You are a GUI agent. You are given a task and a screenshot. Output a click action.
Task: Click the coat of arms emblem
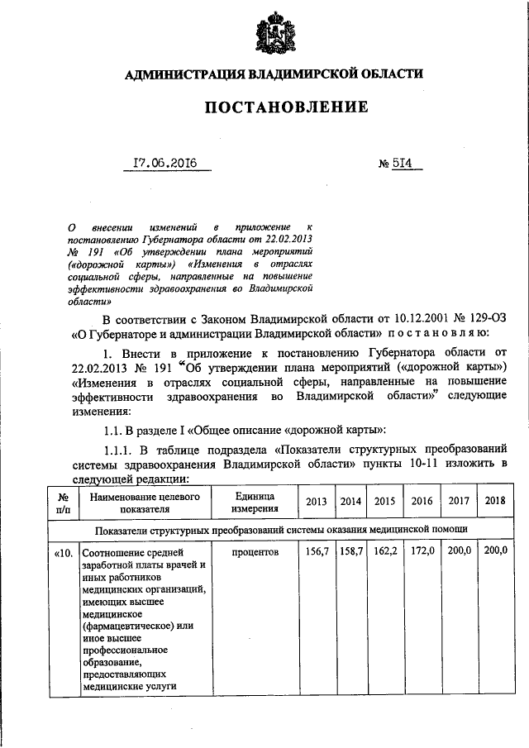coord(273,34)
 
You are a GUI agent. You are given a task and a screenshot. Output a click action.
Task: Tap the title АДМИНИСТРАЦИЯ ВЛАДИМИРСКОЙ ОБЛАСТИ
coord(274,74)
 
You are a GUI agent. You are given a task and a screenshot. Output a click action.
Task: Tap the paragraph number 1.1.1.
coord(122,450)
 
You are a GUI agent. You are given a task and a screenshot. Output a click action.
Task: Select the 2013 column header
coord(316,502)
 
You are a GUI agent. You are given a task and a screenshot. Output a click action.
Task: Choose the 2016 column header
coord(422,502)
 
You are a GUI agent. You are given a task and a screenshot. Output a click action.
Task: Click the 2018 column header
coord(495,502)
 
